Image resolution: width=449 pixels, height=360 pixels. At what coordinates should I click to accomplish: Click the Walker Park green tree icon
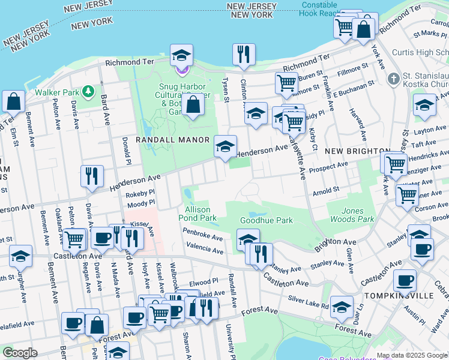(x=89, y=91)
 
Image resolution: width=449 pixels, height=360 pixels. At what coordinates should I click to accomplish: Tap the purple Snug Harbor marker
(x=181, y=70)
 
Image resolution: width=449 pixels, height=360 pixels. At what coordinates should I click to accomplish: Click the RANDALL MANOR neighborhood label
(x=172, y=140)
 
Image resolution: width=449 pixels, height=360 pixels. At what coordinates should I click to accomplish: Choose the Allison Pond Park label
(x=197, y=214)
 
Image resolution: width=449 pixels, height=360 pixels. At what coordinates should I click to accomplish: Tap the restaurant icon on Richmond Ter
(x=244, y=54)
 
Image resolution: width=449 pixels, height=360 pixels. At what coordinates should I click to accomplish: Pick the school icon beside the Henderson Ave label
(x=225, y=146)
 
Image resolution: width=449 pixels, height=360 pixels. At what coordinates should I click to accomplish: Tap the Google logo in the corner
(x=20, y=353)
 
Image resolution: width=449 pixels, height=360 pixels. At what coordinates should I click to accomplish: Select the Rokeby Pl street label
(x=140, y=194)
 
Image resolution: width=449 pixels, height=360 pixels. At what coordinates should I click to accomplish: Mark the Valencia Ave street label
(x=205, y=246)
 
